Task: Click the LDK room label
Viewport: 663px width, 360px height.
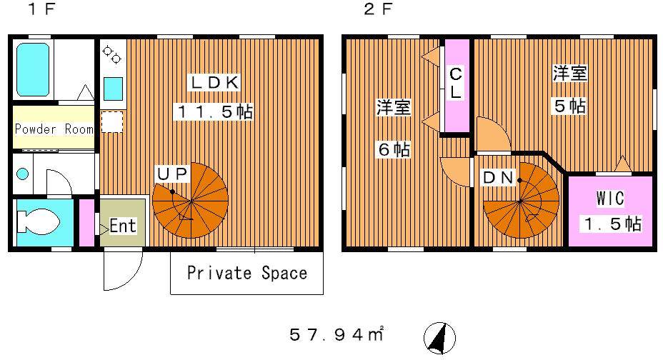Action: click(x=214, y=82)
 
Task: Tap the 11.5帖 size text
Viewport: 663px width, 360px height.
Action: click(x=215, y=111)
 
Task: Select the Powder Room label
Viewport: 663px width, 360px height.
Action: click(x=54, y=129)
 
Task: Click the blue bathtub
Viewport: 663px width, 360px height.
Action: click(x=33, y=70)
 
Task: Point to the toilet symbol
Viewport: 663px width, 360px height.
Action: click(x=37, y=221)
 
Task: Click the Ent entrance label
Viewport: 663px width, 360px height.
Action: click(x=123, y=226)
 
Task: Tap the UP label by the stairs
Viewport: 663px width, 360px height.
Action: click(x=172, y=174)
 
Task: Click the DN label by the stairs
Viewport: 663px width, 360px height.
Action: click(x=499, y=178)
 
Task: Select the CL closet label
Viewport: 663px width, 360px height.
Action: click(x=455, y=83)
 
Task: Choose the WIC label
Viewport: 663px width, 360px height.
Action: click(x=609, y=198)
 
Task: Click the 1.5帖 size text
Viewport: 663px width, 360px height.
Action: click(x=613, y=224)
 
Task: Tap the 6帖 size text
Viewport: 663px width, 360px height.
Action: click(x=394, y=149)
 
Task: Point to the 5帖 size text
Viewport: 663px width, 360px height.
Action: click(x=570, y=106)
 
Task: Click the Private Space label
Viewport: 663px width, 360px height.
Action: click(x=247, y=273)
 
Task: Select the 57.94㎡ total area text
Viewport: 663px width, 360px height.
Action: click(x=337, y=334)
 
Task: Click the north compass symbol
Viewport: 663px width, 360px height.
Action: click(x=440, y=338)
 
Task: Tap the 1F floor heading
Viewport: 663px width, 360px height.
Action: click(x=42, y=9)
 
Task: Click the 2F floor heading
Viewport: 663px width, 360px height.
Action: click(x=378, y=9)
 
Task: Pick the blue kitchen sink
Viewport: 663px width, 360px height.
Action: click(x=114, y=89)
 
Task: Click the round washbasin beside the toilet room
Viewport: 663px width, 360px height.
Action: click(x=22, y=174)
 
